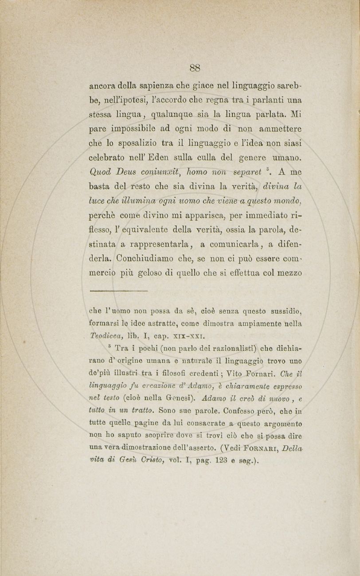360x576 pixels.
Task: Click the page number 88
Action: pos(195,68)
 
